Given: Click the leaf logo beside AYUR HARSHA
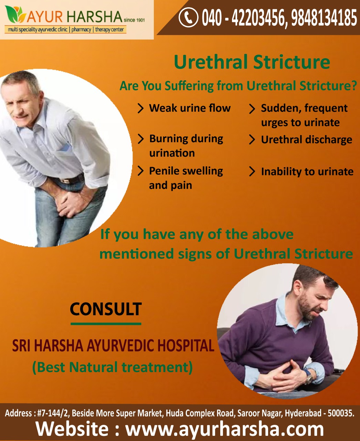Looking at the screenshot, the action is (x=15, y=14).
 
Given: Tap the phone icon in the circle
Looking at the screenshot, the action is (x=189, y=17).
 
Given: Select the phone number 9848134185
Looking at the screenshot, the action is (x=324, y=18).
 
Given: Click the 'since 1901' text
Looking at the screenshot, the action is (x=134, y=20).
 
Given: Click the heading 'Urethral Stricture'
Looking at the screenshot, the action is (x=252, y=62).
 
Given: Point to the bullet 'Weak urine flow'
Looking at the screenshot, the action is (x=190, y=108).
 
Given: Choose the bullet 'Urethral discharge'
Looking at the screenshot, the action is (x=307, y=140).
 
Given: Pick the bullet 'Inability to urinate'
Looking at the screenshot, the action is (x=307, y=172).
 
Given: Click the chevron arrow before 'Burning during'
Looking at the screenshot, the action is (x=141, y=139).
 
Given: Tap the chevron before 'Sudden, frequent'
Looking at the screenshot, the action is (x=252, y=109).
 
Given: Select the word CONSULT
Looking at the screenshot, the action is (x=106, y=309).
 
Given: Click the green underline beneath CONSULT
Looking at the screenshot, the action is (x=106, y=324).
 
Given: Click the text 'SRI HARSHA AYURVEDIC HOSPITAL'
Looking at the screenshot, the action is (x=113, y=346).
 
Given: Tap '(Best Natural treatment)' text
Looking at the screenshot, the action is (x=113, y=367).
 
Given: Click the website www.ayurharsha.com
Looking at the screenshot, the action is (x=224, y=429).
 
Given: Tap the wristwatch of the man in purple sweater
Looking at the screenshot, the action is (x=308, y=378).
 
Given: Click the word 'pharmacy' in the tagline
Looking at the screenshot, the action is (x=81, y=30).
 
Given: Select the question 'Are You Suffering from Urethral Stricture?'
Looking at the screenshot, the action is (x=238, y=86).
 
